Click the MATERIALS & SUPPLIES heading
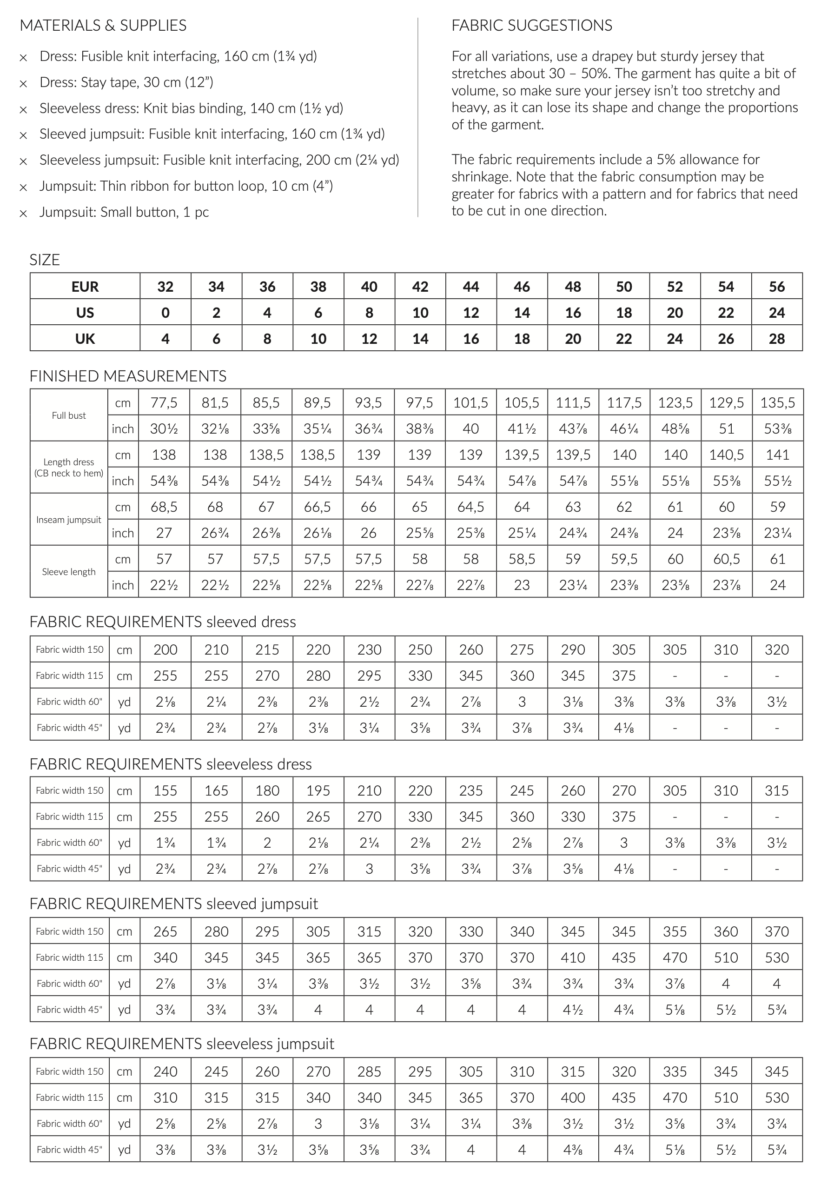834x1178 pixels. (x=103, y=25)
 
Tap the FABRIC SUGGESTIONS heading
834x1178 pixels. (x=531, y=25)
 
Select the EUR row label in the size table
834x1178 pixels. (x=85, y=286)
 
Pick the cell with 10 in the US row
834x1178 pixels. (x=420, y=313)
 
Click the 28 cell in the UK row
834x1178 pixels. (x=776, y=339)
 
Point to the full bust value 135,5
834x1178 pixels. (x=777, y=402)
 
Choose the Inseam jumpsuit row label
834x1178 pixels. (x=69, y=520)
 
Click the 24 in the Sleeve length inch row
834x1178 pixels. (x=777, y=585)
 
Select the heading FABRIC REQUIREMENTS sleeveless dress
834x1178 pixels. (x=171, y=764)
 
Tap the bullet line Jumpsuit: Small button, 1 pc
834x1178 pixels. (x=124, y=212)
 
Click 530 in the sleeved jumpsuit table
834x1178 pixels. (x=776, y=957)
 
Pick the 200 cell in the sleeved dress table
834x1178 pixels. (x=165, y=649)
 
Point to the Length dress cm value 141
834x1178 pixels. (x=777, y=455)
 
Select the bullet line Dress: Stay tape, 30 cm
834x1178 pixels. (x=126, y=82)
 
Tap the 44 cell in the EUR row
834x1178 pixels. (x=471, y=286)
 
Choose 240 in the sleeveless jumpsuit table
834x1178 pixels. (x=165, y=1071)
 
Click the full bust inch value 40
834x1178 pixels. (x=471, y=428)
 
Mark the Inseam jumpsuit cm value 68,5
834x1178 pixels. (x=164, y=507)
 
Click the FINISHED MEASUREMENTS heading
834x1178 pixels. (x=128, y=376)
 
